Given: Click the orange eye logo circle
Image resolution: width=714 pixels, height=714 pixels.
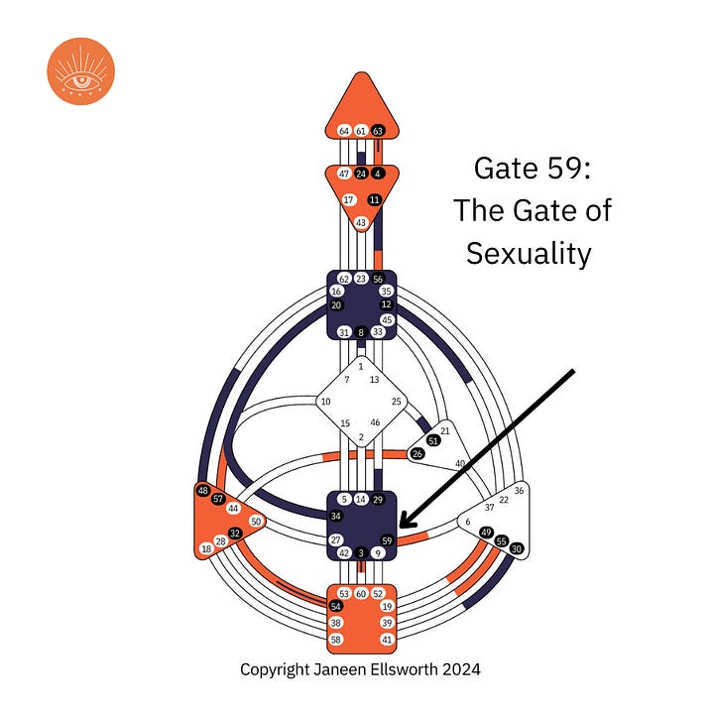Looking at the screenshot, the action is coord(81,70).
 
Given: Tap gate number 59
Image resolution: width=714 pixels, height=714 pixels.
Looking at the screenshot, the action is coord(387,539).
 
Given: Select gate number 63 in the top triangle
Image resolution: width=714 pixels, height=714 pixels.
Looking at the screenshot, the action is coord(378,130).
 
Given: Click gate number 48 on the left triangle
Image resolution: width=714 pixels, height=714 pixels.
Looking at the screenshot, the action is coord(203,491).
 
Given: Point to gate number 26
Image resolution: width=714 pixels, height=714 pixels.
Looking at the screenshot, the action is coord(416,454).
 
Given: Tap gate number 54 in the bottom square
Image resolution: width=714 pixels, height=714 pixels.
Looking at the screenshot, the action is coord(336,606).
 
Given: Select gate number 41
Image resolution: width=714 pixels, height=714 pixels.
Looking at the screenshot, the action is coord(387,640).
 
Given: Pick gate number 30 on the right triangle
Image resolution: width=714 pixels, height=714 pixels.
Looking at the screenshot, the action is coord(516,547).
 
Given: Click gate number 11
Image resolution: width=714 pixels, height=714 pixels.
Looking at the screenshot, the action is coord(374,199).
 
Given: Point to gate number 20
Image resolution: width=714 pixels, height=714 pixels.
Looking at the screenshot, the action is coord(336,304).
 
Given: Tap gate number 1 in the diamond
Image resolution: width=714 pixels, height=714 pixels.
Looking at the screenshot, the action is coord(361,367).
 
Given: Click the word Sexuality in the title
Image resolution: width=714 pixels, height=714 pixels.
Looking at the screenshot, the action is coord(529,253).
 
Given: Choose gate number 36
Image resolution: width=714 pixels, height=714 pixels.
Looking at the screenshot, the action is coord(520,490).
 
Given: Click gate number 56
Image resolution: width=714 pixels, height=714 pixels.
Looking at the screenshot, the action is coord(378,280).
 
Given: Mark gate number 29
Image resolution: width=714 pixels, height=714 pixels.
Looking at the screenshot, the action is coord(378,499).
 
